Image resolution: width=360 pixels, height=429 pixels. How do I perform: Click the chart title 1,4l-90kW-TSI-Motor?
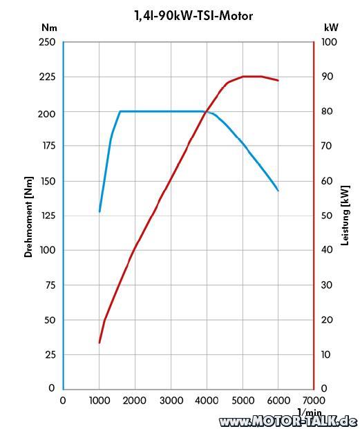193,16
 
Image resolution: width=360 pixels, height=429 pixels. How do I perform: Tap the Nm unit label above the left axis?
49,28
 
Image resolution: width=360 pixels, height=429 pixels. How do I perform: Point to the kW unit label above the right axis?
331,28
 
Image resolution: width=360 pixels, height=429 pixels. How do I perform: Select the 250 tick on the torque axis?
47,42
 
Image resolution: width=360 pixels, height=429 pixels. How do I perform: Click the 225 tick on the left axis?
47,77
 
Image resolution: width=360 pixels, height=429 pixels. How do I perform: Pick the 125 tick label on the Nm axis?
48,216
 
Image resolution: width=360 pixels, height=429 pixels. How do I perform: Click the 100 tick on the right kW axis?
329,42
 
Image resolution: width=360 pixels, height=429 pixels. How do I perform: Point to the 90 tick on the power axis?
328,77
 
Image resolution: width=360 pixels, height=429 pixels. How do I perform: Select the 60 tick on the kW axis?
327,181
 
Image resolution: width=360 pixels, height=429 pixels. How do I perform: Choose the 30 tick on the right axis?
327,285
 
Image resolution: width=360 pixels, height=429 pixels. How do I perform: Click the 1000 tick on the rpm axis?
100,401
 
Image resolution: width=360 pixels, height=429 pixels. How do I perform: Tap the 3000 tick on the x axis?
171,401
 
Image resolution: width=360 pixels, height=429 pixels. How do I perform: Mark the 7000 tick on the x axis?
314,401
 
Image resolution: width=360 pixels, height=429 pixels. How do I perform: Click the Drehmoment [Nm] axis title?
28,217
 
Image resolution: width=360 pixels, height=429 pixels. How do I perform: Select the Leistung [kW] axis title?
345,216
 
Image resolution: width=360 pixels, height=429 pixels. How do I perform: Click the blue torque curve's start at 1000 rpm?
100,211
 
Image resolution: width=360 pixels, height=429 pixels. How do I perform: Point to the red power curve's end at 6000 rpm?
278,80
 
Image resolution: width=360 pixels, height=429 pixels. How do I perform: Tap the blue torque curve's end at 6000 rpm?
278,191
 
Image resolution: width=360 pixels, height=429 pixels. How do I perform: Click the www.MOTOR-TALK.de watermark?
290,421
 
